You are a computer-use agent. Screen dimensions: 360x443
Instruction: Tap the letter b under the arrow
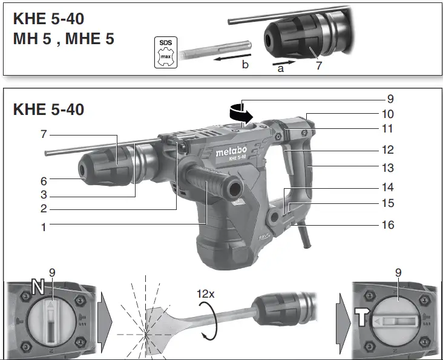[x=245, y=65]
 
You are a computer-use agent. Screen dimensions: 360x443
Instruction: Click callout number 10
[x=387, y=114]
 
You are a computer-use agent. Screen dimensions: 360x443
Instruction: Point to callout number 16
[x=387, y=225]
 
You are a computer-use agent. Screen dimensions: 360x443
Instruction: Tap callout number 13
[x=387, y=168]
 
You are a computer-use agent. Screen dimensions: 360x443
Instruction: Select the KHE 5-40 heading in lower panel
[x=48, y=110]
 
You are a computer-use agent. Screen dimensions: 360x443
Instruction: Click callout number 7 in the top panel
[x=319, y=65]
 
